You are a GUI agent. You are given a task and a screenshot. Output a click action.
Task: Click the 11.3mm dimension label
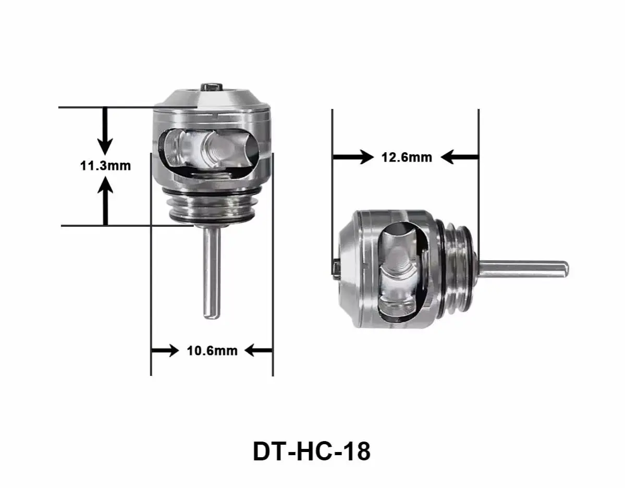coord(105,166)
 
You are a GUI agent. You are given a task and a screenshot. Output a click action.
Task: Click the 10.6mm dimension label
coord(212,351)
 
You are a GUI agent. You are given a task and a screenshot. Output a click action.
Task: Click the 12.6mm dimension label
coord(407,156)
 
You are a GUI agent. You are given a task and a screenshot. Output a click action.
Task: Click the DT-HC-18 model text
coord(312,452)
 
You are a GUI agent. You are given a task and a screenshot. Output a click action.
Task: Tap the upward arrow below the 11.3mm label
coord(106,201)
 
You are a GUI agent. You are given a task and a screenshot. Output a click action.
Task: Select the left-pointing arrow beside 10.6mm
coord(258,350)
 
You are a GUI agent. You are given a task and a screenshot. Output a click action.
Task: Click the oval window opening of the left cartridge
coord(209,151)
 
